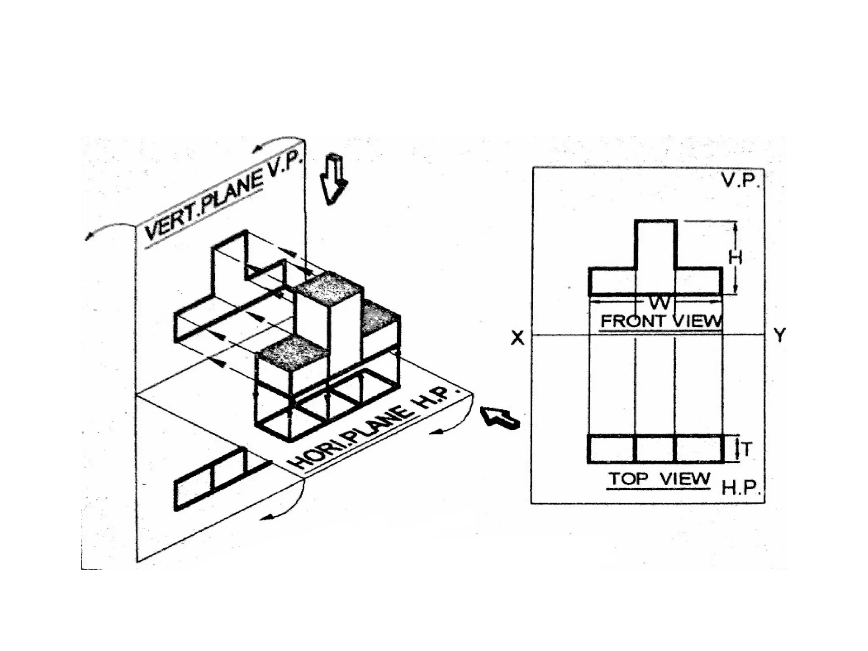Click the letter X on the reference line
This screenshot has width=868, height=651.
pos(517,338)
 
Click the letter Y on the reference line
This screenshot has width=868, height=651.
pos(779,336)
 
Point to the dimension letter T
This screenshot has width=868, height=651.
pos(747,450)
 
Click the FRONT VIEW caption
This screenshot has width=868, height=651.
pos(661,321)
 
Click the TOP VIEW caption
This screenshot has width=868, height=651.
pos(659,479)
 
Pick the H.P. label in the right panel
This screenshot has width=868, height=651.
pos(740,488)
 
